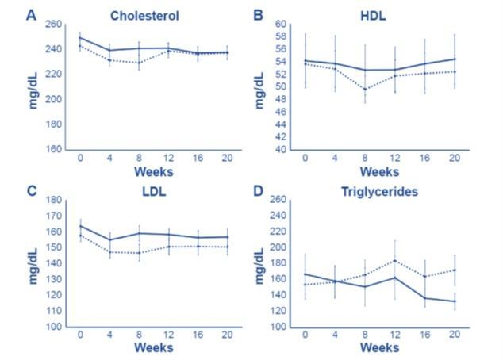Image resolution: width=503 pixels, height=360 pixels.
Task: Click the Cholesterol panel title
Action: [144, 15]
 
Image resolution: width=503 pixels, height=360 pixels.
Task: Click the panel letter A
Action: [31, 14]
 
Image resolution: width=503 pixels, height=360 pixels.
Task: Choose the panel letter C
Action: [31, 190]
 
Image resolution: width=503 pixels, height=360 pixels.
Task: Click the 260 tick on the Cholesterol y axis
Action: [52, 24]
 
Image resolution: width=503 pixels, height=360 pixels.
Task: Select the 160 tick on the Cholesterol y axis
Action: [52, 149]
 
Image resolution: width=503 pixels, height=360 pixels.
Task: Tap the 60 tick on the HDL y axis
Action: [281, 24]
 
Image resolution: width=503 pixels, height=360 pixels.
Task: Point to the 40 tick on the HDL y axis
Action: [281, 149]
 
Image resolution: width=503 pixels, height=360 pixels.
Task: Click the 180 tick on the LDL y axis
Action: [52, 200]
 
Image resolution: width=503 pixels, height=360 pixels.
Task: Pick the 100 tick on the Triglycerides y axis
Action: [278, 327]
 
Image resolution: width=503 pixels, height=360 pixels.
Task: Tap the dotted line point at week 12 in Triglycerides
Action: [395, 260]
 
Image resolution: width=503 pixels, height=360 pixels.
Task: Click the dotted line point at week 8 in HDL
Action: [364, 89]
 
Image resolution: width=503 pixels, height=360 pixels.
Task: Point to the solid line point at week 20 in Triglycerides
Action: [454, 301]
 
